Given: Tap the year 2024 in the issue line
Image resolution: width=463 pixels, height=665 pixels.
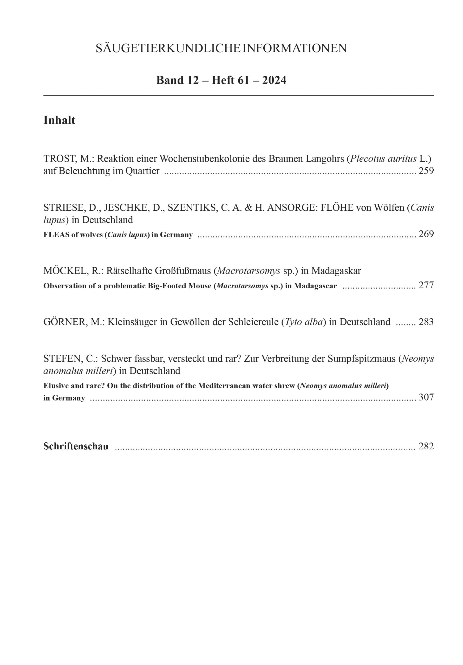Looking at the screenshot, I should pos(274,80).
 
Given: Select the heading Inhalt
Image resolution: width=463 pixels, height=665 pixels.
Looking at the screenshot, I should pos(59,120).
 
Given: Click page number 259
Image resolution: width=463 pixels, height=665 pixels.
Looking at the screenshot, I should pos(426,171).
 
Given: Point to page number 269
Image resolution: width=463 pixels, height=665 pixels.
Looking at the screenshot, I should pos(426,234).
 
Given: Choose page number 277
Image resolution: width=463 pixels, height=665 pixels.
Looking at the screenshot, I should pos(426,285).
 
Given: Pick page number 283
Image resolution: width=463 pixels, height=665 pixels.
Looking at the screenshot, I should pos(426,322).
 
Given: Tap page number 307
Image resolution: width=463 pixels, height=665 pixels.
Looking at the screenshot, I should pos(426,397).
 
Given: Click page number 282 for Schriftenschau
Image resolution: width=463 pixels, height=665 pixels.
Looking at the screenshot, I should pos(426,446).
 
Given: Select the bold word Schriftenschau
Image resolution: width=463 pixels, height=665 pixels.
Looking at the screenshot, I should pos(76,446).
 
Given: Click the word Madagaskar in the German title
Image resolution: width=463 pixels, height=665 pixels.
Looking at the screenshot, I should pos(336,271).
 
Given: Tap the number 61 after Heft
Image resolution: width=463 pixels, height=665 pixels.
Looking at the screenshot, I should pos(243,80).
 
